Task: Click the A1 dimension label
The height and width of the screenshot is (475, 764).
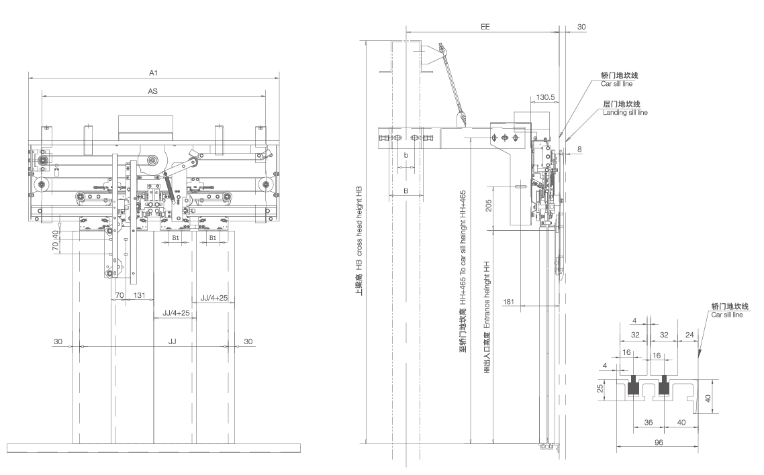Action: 154,71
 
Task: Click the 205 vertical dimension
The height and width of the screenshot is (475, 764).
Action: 488,205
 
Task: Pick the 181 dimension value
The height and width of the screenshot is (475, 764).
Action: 509,301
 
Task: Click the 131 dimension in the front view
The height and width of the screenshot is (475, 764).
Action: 140,295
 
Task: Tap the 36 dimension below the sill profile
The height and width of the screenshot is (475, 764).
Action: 649,422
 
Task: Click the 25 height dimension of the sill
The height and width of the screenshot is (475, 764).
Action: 602,388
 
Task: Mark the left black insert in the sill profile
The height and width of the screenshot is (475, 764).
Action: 632,387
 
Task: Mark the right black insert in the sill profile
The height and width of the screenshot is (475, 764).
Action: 665,387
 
